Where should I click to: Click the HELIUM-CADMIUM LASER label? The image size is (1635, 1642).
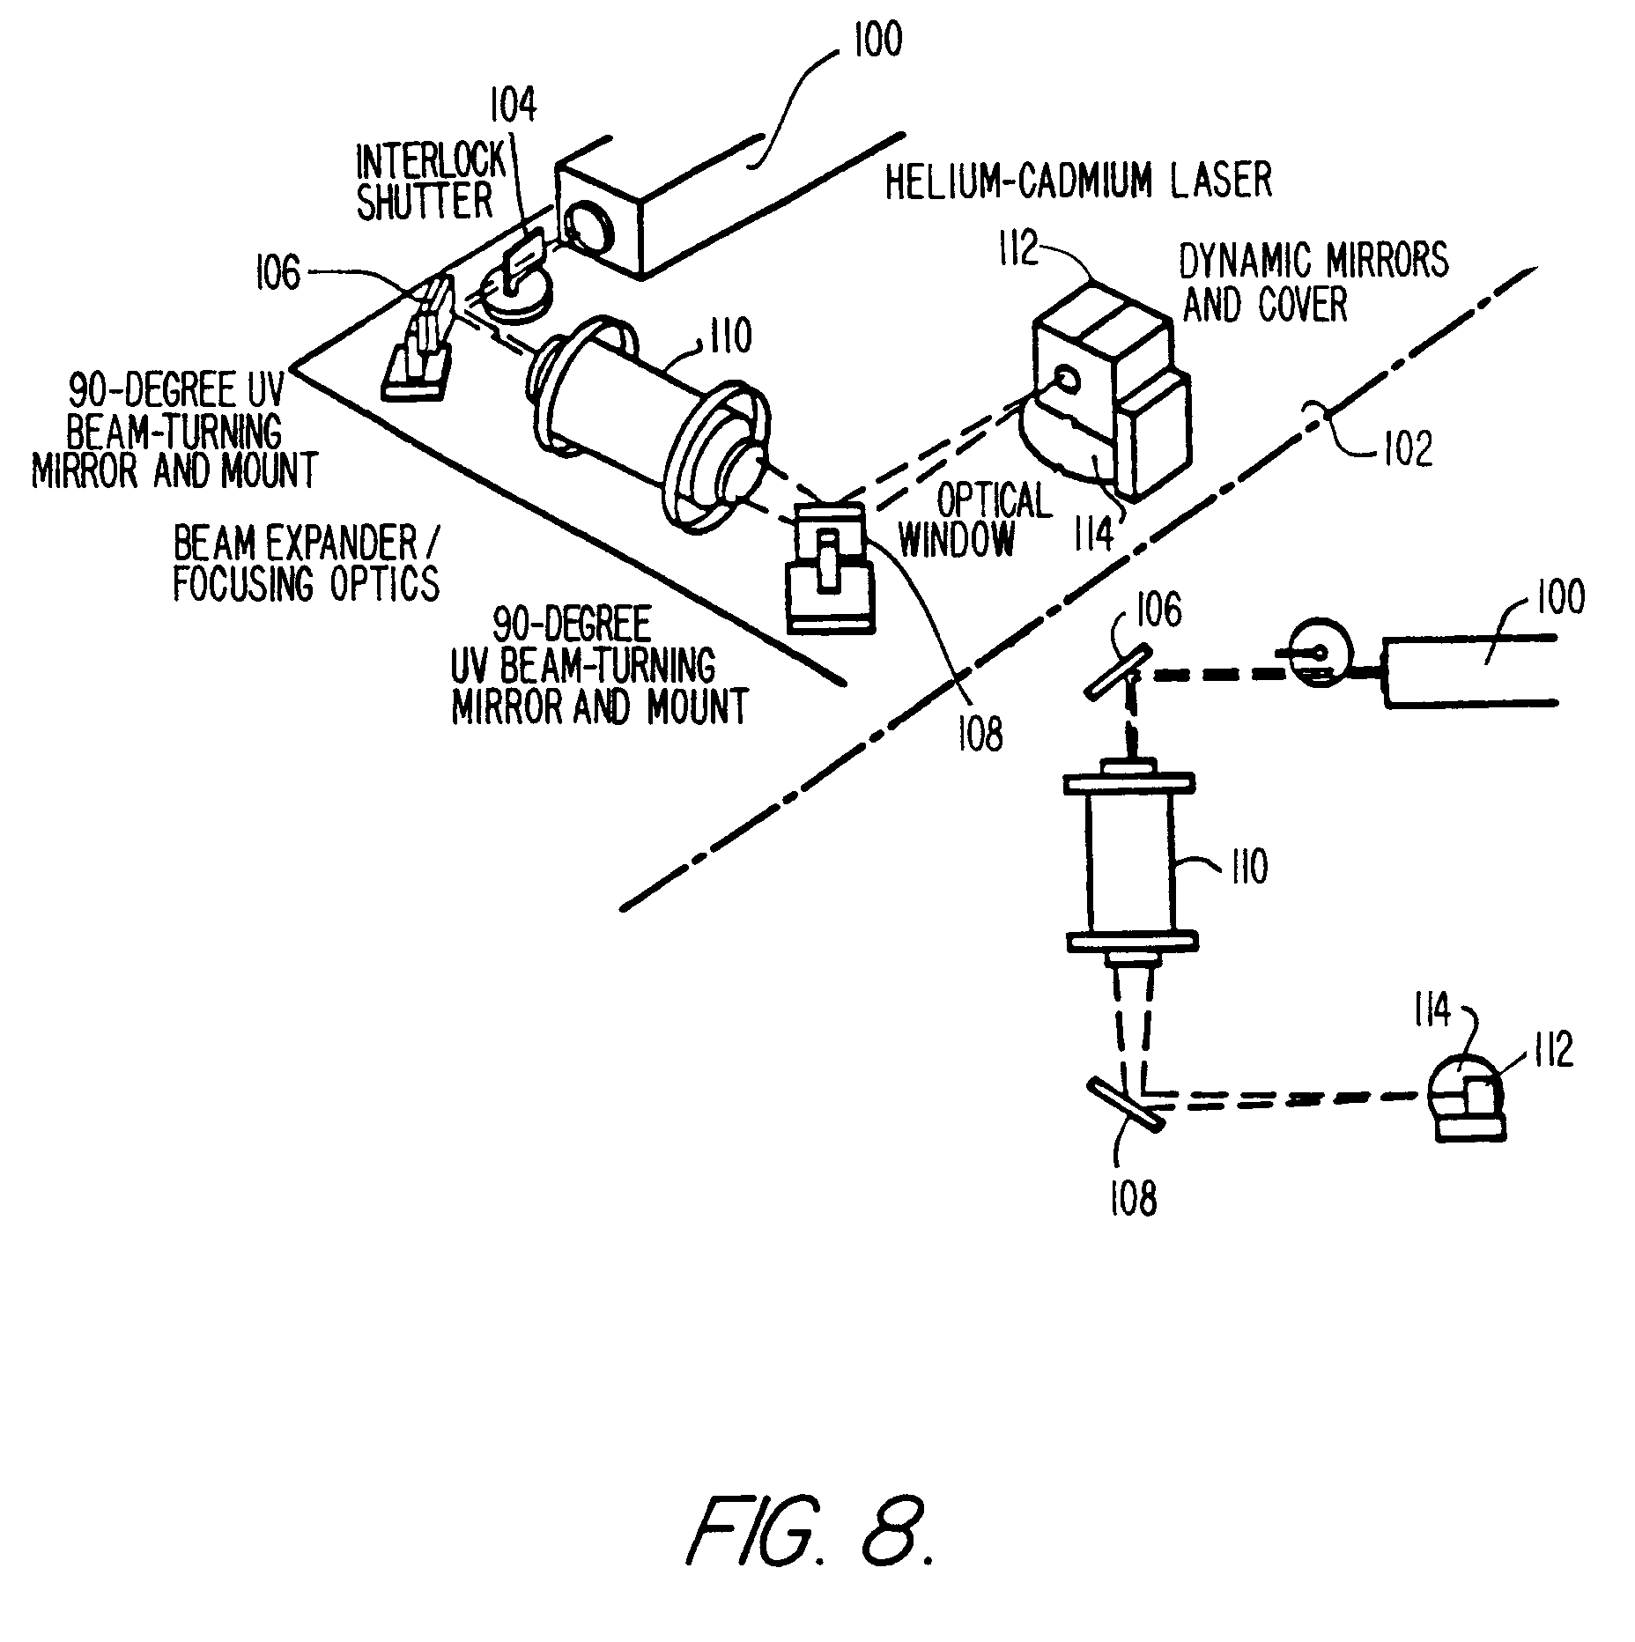pyautogui.click(x=1078, y=181)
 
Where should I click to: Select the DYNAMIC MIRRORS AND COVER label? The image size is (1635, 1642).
pyautogui.click(x=1315, y=283)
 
